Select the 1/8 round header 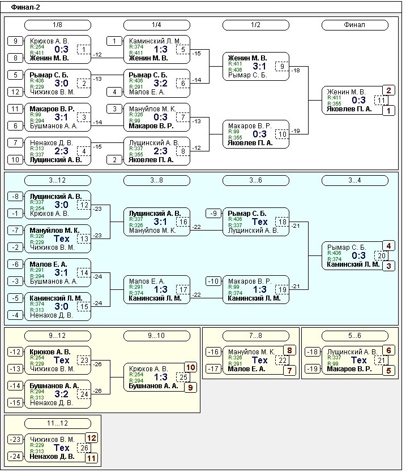pos(57,25)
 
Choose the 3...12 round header pos(57,180)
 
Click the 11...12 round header pos(57,423)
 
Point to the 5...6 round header pos(354,336)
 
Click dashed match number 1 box pos(83,50)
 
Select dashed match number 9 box pos(281,67)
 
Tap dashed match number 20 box pos(382,255)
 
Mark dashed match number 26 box pos(83,448)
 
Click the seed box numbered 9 pos(16,41)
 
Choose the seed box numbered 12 pos(16,92)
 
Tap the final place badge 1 pos(388,111)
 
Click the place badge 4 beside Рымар pos(388,245)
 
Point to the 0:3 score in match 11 pos(359,101)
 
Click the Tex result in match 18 pos(259,222)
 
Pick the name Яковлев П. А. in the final pos(349,109)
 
